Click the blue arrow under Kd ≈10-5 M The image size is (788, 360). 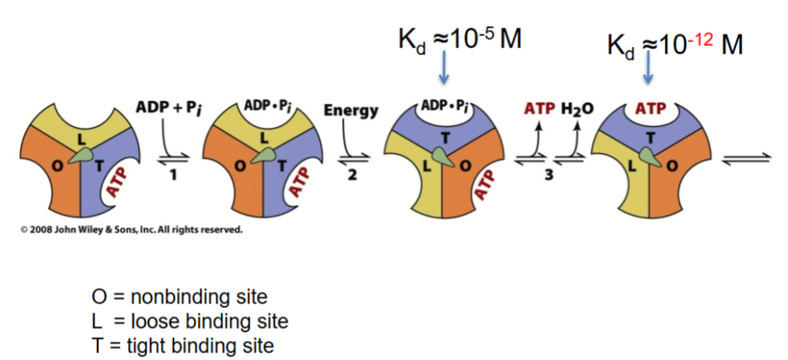point(444,68)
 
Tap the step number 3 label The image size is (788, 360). point(548,177)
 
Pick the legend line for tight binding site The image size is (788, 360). point(183,345)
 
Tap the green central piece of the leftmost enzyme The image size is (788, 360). point(80,156)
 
